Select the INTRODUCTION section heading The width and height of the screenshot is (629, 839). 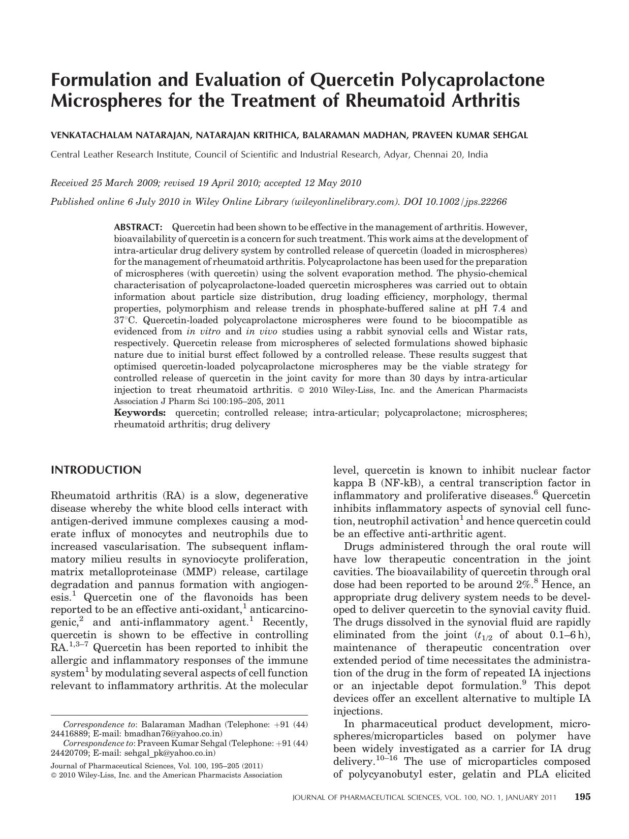(96, 470)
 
